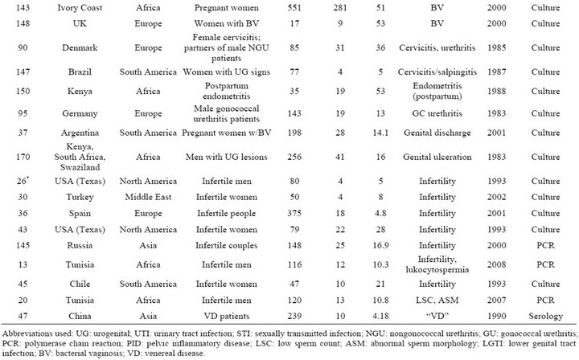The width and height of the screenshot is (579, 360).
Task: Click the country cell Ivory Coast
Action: click(80, 8)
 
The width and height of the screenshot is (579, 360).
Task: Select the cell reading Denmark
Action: click(80, 47)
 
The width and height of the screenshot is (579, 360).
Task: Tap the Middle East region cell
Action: click(148, 197)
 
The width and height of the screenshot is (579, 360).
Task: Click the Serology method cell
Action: click(545, 316)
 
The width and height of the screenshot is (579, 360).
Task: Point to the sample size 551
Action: click(294, 8)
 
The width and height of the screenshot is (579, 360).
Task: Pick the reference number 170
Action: click(23, 157)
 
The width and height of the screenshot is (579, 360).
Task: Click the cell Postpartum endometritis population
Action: click(226, 91)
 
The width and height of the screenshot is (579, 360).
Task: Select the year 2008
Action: click(496, 264)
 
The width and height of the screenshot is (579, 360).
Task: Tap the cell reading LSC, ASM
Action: click(437, 301)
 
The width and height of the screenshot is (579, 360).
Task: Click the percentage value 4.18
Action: click(380, 316)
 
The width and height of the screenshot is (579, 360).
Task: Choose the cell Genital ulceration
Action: click(437, 157)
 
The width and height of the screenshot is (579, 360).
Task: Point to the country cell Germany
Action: click(80, 113)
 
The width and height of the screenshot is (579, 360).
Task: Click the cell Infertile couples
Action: click(226, 245)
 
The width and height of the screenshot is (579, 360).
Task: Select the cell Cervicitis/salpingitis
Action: click(437, 72)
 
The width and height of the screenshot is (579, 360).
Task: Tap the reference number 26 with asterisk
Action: click(23, 181)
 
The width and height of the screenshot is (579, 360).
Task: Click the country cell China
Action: click(80, 316)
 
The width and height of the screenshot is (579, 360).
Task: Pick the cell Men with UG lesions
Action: click(226, 157)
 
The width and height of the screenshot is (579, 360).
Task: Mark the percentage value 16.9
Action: click(380, 245)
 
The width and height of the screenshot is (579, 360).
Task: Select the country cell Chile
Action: click(80, 284)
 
